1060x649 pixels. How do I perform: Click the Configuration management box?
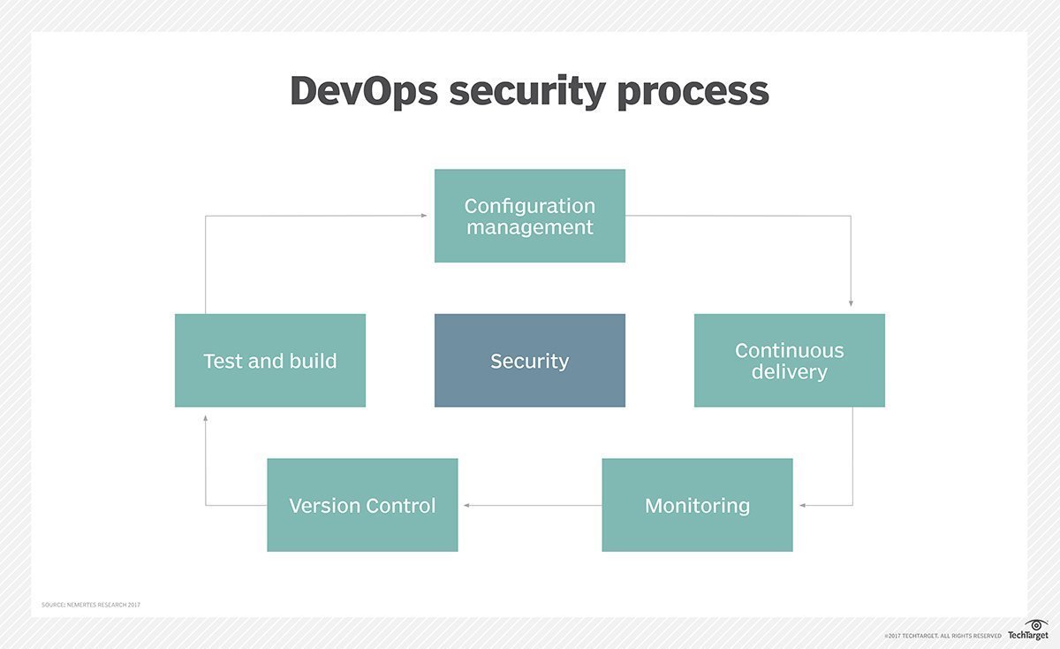pos(529,216)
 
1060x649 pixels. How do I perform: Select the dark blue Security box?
pos(529,361)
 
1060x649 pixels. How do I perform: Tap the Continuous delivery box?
pos(789,361)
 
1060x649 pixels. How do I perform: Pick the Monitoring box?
pos(697,505)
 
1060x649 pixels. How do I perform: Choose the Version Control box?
pos(362,505)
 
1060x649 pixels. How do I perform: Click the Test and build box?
pos(269,361)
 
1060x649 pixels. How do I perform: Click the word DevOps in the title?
pos(364,91)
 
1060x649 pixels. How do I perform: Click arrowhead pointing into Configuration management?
pos(424,216)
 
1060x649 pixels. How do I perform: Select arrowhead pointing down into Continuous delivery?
pos(851,303)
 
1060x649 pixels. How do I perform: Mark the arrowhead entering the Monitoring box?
pos(803,506)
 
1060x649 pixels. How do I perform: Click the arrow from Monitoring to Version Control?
pos(530,506)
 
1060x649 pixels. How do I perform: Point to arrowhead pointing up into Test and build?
pos(205,417)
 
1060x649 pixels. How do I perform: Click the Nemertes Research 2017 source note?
pos(91,605)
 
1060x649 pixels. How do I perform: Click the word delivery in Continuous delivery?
pos(789,372)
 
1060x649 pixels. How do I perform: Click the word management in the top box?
pos(529,227)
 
